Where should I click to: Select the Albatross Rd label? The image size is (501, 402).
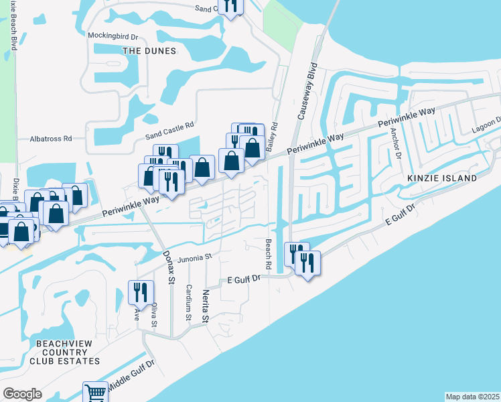(51, 139)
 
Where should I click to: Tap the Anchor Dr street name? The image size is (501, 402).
(397, 143)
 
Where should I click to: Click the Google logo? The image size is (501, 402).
(22, 393)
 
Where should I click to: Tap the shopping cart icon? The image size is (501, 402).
(95, 393)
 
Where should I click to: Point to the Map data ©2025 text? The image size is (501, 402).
(472, 396)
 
